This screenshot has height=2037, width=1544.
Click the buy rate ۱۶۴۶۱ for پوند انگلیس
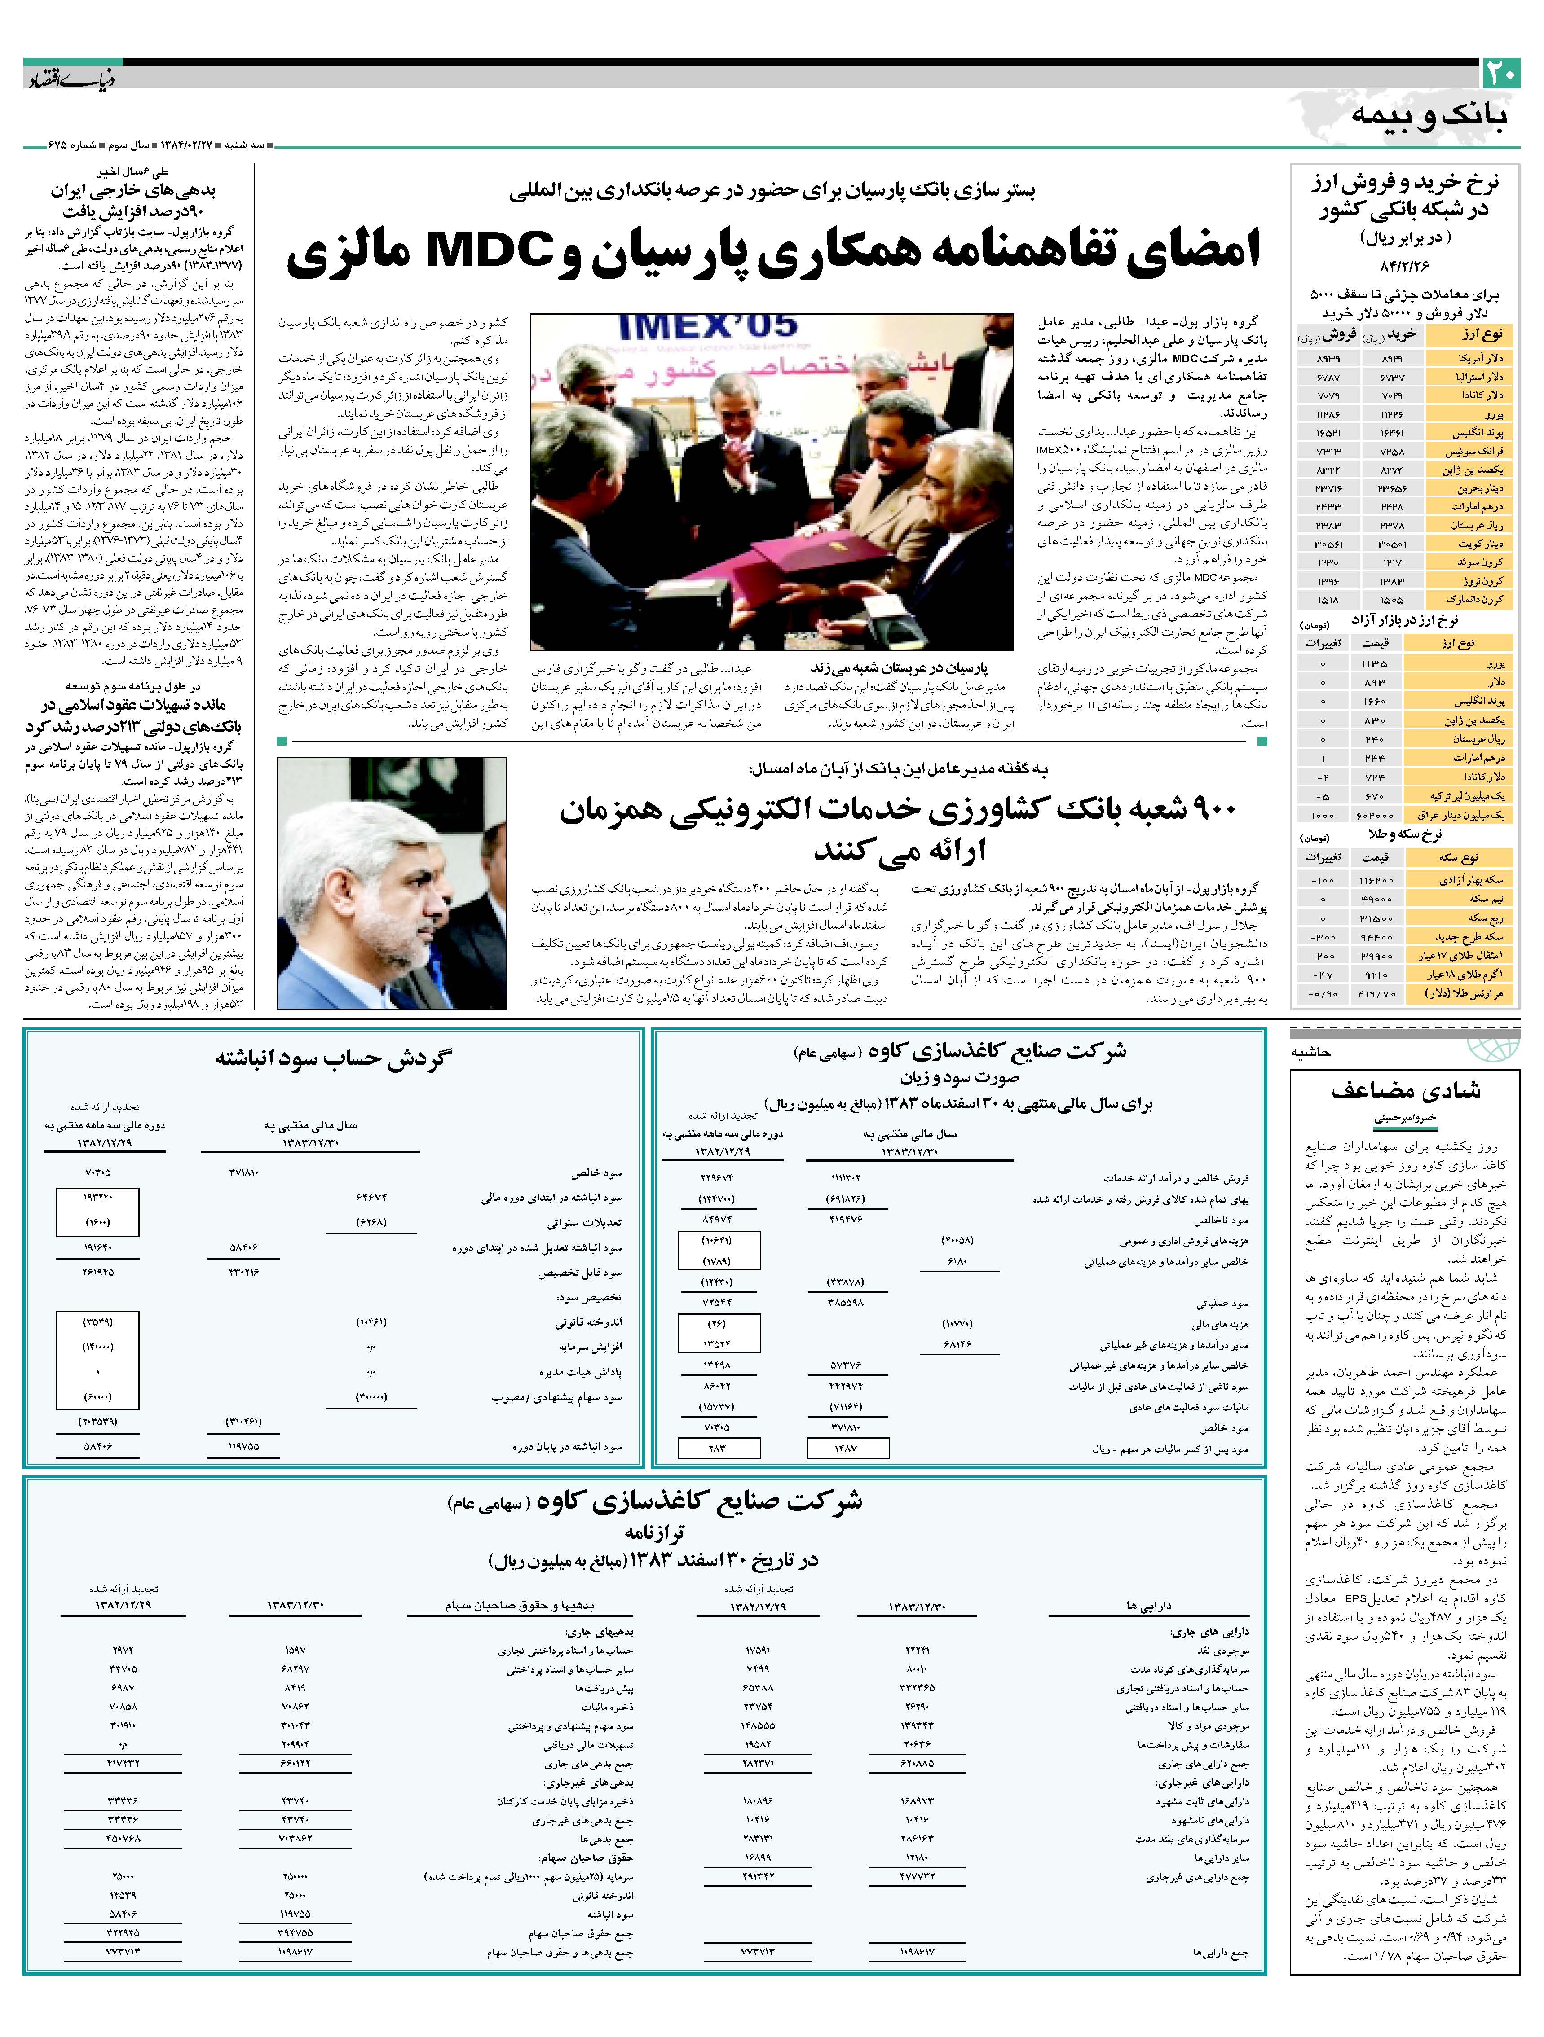click(1392, 432)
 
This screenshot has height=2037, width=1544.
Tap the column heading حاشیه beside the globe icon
click(1312, 1052)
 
